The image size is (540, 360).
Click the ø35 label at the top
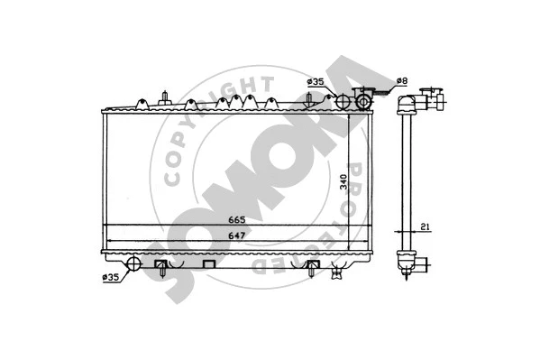[316, 82]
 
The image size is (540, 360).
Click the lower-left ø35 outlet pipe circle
[133, 263]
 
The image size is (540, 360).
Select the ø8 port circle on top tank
[363, 102]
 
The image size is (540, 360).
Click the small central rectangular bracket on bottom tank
[210, 264]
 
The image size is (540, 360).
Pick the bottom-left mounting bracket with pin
[160, 267]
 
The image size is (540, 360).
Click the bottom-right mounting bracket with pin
[313, 267]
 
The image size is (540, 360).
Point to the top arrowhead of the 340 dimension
[352, 115]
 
